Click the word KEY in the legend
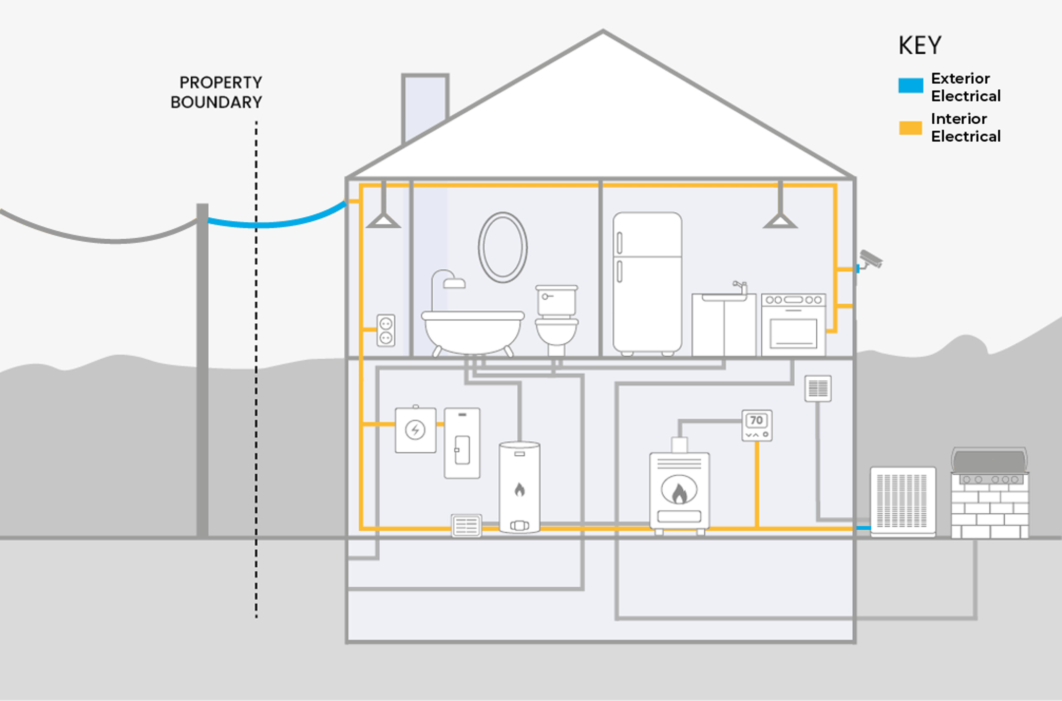920,46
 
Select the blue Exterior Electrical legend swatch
910,85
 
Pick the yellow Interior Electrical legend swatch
910,128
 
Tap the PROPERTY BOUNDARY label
217,92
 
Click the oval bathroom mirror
503,247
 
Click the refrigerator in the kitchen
647,283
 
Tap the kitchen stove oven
793,325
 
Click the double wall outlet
386,330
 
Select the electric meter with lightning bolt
415,430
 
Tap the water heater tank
519,487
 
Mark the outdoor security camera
870,259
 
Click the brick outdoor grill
989,494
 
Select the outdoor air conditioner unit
902,502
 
